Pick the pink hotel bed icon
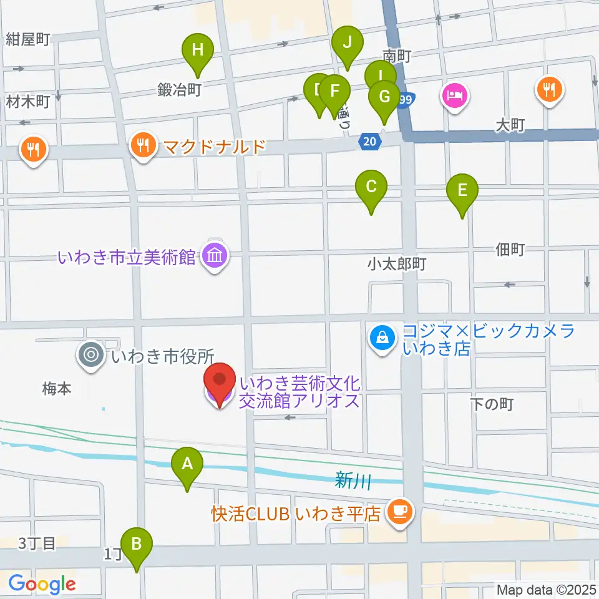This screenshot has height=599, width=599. (455, 96)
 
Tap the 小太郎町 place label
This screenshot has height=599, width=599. (396, 265)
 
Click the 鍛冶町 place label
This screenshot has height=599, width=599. (179, 90)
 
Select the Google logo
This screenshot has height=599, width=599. (41, 585)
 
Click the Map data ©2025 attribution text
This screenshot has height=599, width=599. (546, 590)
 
